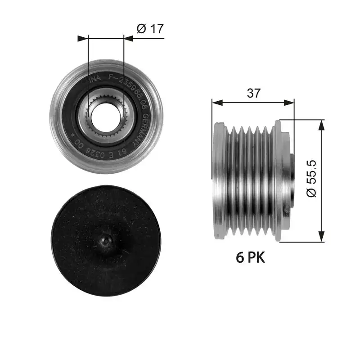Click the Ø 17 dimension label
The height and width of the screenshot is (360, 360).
pos(150,29)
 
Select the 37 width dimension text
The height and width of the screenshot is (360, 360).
pos(254,93)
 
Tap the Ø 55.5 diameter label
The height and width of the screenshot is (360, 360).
pos(312,179)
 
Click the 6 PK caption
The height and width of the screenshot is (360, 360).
pos(251,258)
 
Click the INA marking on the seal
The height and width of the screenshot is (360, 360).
pos(95,79)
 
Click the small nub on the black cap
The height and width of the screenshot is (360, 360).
pos(105,242)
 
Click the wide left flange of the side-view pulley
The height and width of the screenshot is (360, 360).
pos(219,180)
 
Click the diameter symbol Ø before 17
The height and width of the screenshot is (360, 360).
pos(140,29)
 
